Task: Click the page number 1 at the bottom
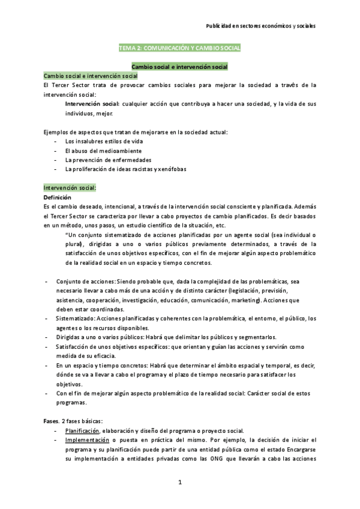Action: tap(179, 482)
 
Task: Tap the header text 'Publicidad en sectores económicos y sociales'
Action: tap(261, 26)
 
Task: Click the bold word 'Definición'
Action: tap(57, 197)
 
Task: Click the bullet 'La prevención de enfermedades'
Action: tap(99, 160)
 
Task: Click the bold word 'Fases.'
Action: tap(53, 421)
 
